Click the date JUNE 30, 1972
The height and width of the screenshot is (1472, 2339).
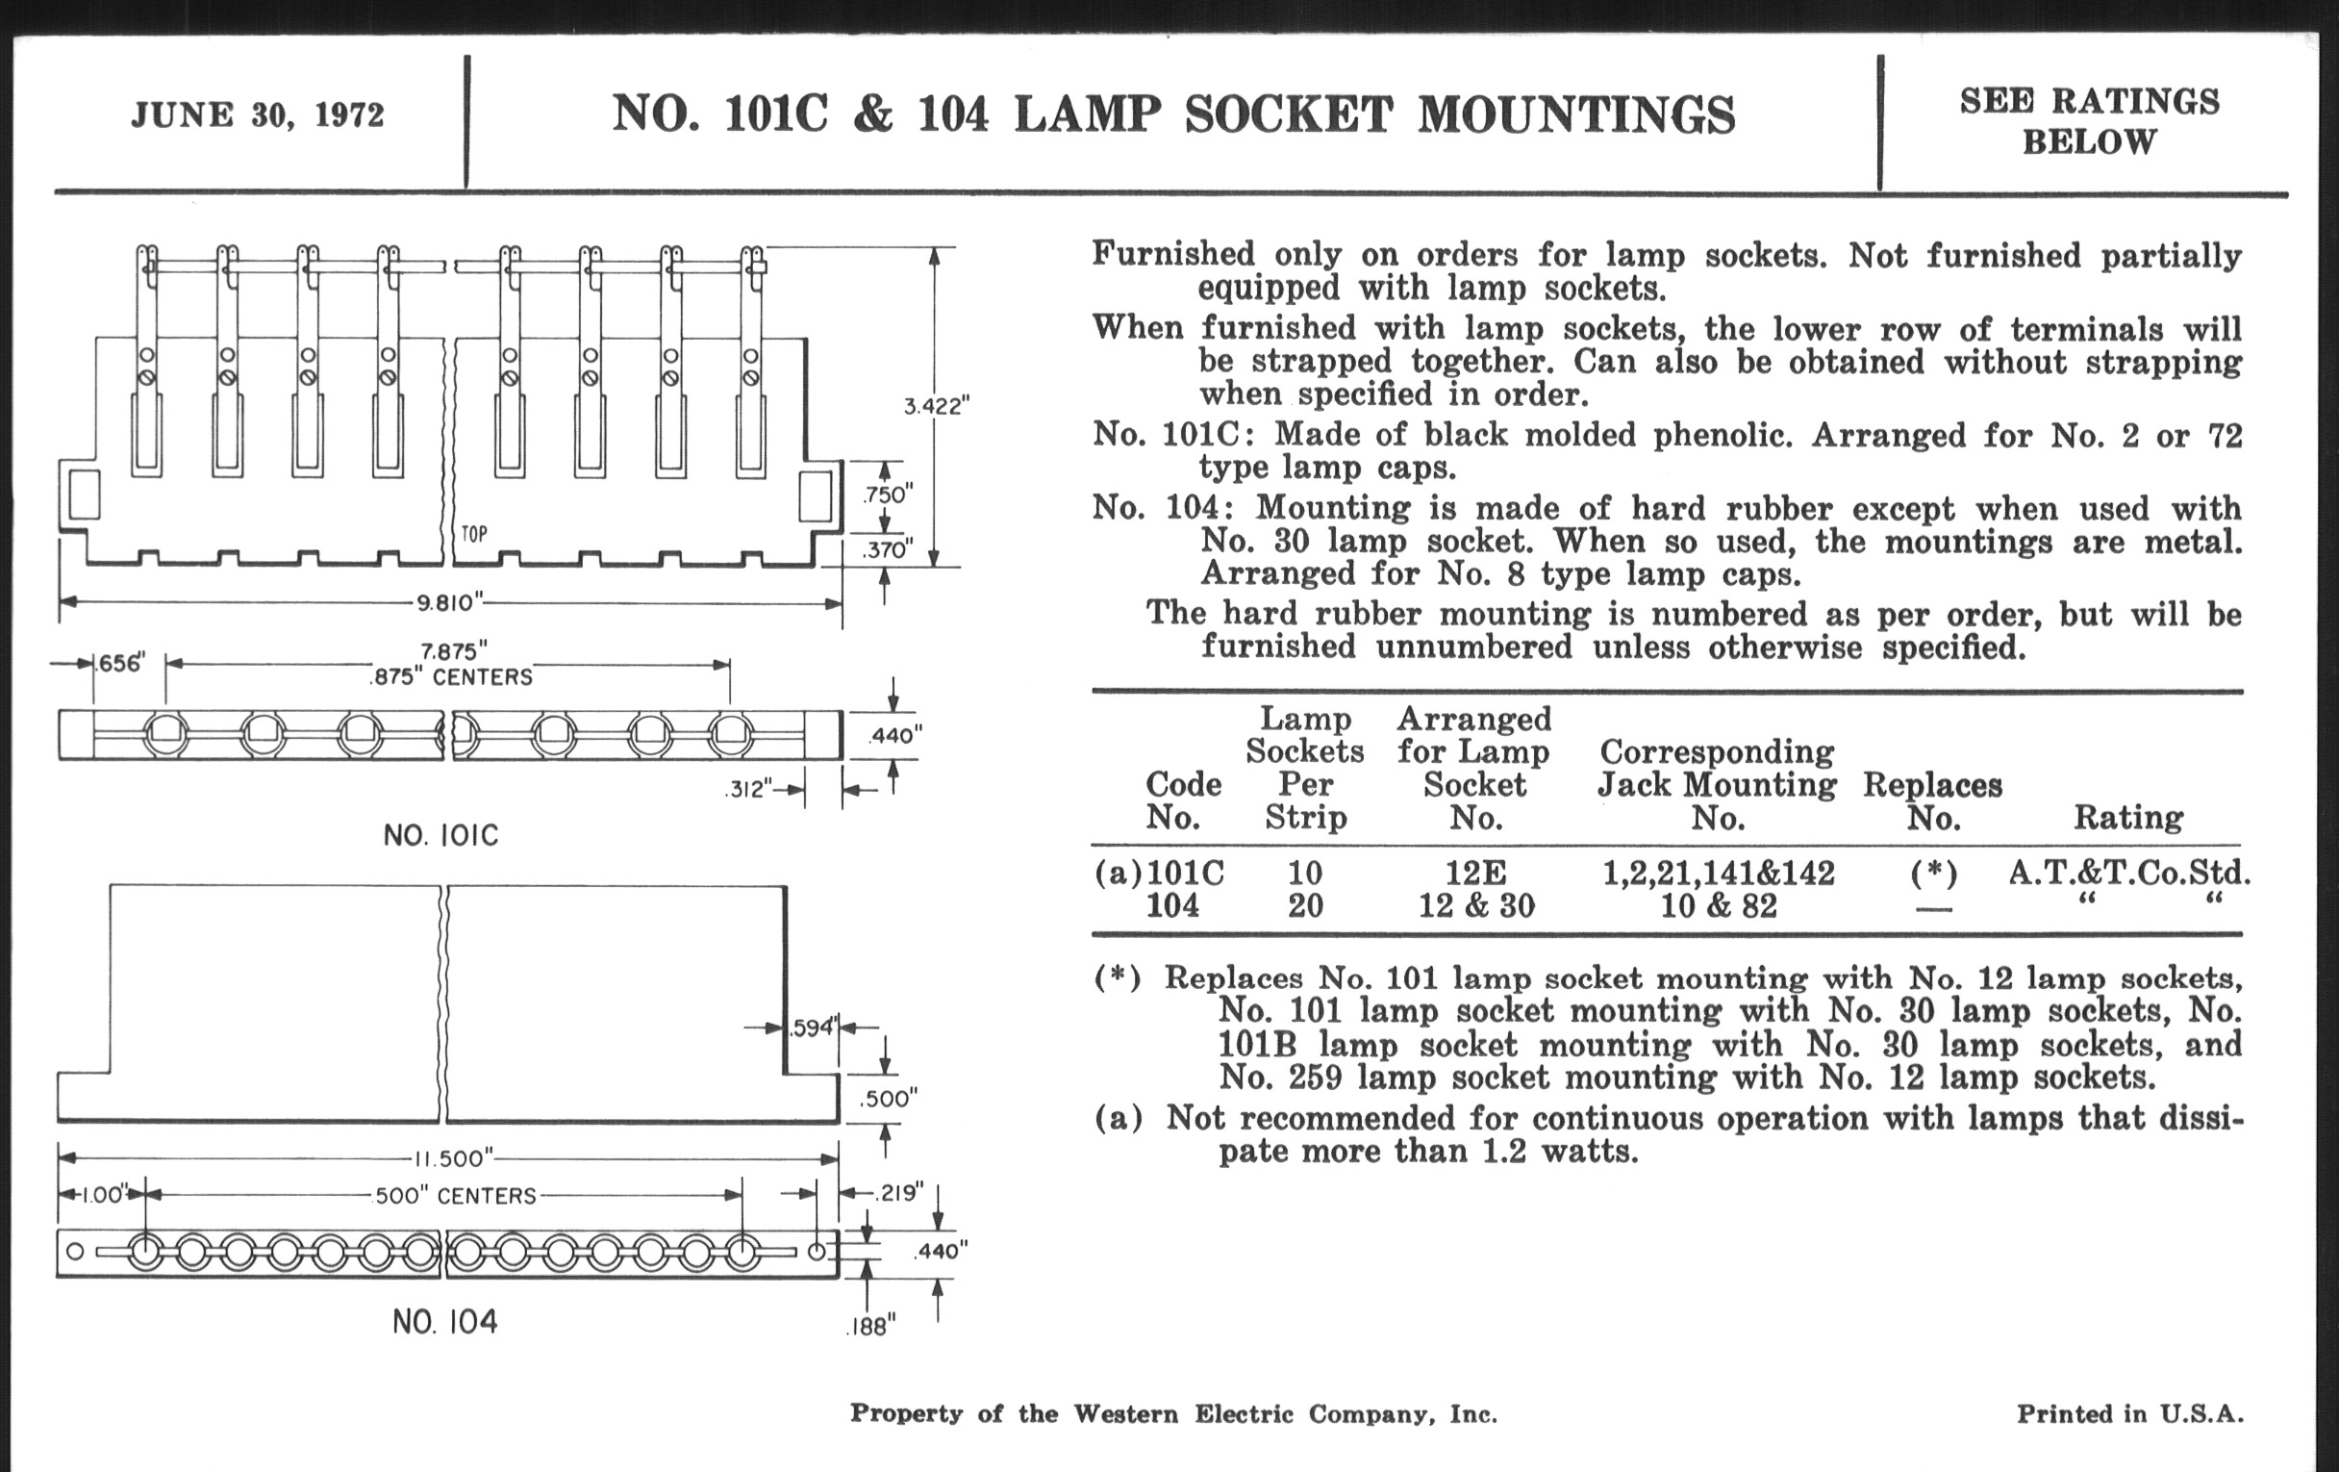coord(258,115)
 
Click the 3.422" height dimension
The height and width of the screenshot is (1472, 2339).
coord(937,406)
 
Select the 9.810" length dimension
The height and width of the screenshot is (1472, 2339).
coord(450,602)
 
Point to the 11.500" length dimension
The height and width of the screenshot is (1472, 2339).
coord(454,1158)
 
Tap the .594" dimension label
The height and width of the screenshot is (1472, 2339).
coord(813,1027)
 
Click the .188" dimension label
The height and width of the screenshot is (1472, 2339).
coord(871,1327)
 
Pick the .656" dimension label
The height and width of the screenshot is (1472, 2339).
coord(120,664)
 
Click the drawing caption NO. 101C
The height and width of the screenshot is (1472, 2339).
coord(441,835)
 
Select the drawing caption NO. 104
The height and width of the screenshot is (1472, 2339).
coord(445,1321)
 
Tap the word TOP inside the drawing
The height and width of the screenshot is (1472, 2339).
coord(475,533)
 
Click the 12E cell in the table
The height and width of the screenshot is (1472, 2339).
coord(1474,873)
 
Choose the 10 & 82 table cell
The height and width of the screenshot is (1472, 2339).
coord(1718,905)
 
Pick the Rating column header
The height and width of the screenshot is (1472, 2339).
coord(2128,817)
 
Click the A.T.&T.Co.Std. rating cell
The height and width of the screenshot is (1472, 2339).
coord(2129,873)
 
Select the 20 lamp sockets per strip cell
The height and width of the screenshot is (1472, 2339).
coord(1304,905)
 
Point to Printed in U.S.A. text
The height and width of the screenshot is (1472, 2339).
coord(2129,1413)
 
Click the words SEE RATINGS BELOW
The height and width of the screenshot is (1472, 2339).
coord(2088,120)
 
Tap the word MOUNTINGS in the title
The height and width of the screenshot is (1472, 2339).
coord(1575,114)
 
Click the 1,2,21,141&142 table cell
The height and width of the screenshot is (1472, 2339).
coord(1718,873)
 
